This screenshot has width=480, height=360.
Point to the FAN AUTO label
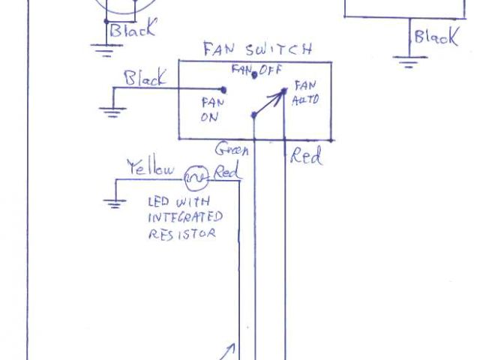point(306,92)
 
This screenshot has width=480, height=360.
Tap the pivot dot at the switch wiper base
point(254,115)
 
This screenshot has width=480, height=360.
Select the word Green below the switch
point(232,149)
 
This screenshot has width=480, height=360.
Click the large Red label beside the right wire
point(306,157)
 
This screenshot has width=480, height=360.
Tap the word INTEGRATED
point(185,217)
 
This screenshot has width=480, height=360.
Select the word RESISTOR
point(182,233)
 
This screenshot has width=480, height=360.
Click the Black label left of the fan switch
point(145,78)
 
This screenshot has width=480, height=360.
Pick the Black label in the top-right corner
point(436,37)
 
